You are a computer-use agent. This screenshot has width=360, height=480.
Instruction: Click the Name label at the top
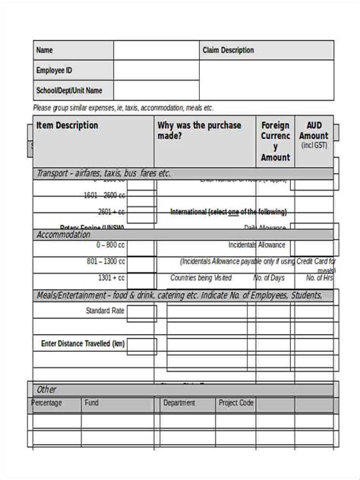[x=45, y=50]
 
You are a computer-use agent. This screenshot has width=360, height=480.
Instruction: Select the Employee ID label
[x=54, y=70]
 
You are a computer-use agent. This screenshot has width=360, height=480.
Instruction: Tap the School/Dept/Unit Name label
[x=69, y=90]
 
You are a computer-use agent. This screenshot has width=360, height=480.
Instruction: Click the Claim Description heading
[x=228, y=50]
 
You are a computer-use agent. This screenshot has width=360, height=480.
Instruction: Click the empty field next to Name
[x=156, y=50]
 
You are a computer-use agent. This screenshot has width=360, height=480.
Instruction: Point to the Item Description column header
[x=68, y=125]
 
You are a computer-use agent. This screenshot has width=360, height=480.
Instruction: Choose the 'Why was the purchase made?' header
[x=199, y=130]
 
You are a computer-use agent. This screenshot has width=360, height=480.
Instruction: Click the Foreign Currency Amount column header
[x=275, y=141]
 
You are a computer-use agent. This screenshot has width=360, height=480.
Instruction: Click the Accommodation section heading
[x=63, y=235]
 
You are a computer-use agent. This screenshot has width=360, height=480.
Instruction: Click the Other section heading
[x=47, y=390]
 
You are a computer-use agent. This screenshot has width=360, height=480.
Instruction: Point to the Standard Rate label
[x=105, y=311]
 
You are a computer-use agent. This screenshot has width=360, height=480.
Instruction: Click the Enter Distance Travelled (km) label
[x=83, y=344]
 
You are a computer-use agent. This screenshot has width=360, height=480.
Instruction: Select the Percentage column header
[x=47, y=403]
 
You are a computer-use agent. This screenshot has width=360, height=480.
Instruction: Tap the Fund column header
[x=92, y=403]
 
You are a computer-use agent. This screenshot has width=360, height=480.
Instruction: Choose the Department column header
[x=179, y=403]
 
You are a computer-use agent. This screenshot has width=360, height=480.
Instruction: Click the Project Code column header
[x=235, y=403]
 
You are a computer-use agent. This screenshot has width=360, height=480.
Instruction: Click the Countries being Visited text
[x=201, y=278]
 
